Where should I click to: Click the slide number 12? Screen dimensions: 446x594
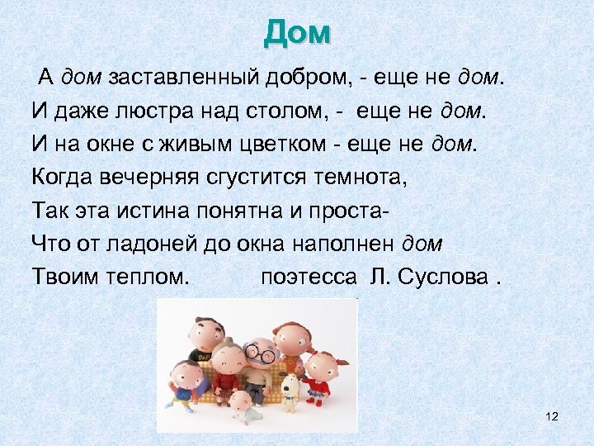coord(552,417)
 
